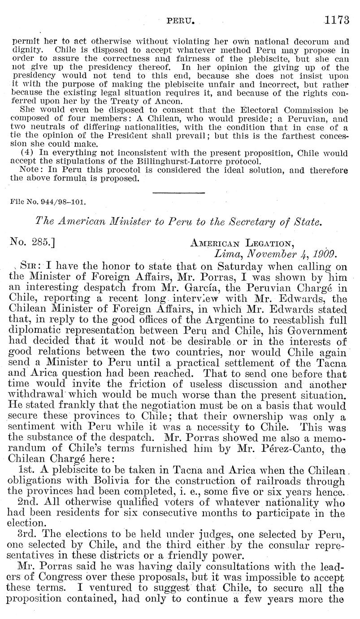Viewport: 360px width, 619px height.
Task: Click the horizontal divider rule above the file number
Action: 179,193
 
